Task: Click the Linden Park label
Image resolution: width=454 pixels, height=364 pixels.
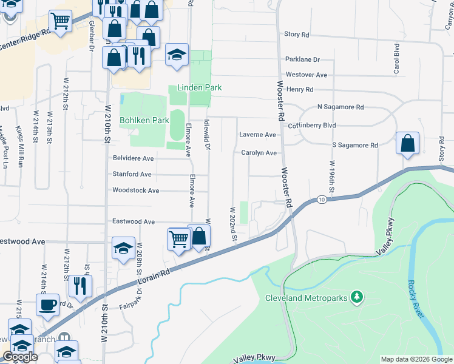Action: coord(199,87)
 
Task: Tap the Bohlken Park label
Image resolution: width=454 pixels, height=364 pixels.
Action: coord(144,120)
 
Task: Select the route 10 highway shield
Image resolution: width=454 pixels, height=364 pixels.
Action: coord(320,200)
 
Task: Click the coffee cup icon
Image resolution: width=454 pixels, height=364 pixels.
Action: coord(48,305)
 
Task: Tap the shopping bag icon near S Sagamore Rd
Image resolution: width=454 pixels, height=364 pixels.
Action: coord(408,144)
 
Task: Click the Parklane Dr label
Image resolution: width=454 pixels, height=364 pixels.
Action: coord(302,59)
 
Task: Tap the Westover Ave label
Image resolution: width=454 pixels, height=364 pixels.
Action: coord(306,75)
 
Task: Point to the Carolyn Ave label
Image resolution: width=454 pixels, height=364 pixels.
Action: coord(259,153)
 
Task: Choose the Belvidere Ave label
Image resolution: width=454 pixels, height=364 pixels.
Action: coord(133,158)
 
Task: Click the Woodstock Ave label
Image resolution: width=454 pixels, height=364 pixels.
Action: coord(135,190)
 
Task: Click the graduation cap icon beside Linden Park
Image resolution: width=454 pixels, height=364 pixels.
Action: coord(177,55)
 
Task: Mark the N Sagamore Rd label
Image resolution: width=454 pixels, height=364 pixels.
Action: coord(340,107)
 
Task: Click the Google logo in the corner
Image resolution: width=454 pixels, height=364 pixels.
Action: coord(20,357)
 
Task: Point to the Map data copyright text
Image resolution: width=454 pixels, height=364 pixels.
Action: coord(416,359)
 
